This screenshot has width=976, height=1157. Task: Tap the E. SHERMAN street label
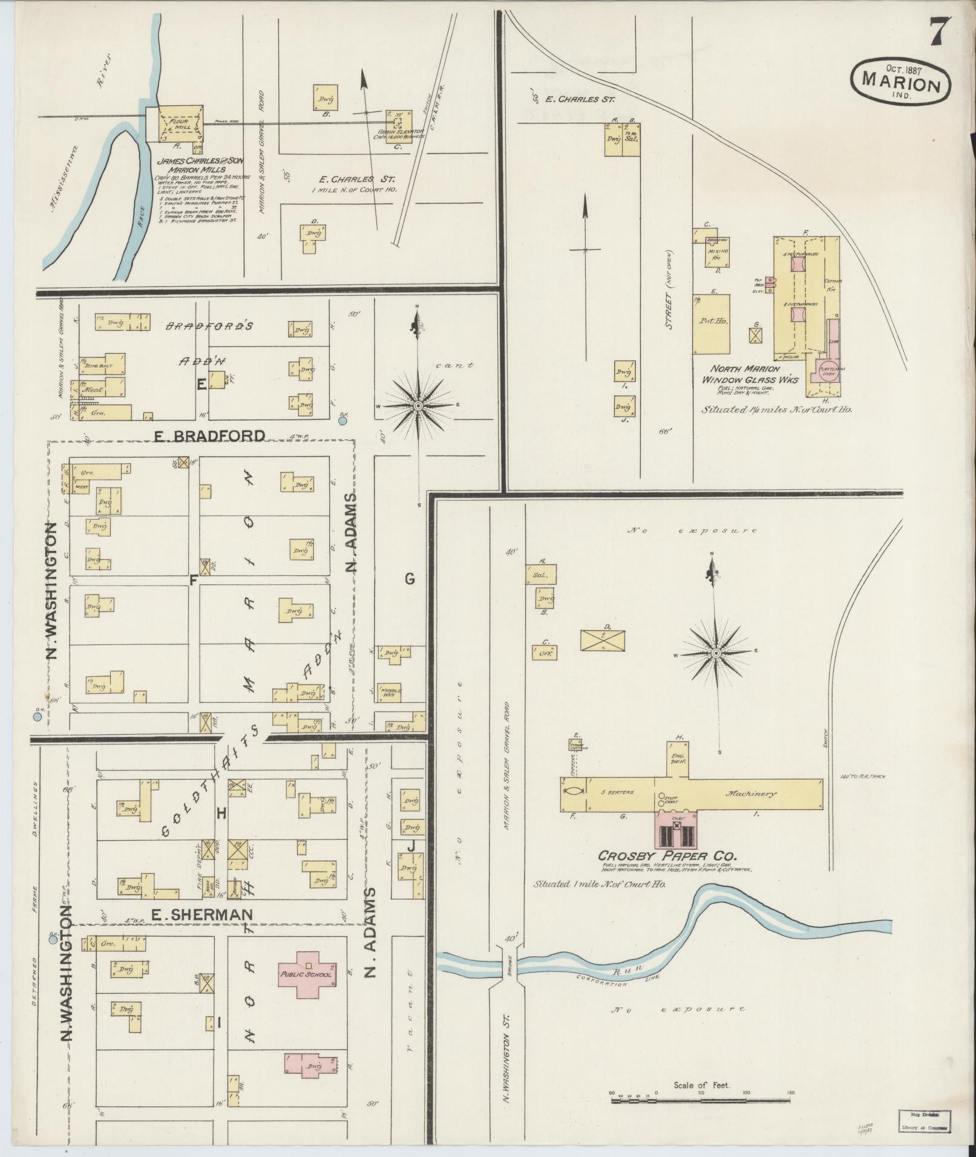(x=200, y=931)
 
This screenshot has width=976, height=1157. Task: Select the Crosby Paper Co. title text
(x=667, y=856)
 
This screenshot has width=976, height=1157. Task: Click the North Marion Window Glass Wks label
(x=749, y=374)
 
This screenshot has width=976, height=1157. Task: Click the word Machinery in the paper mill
(x=752, y=794)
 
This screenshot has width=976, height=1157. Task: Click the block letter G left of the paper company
(x=410, y=579)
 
